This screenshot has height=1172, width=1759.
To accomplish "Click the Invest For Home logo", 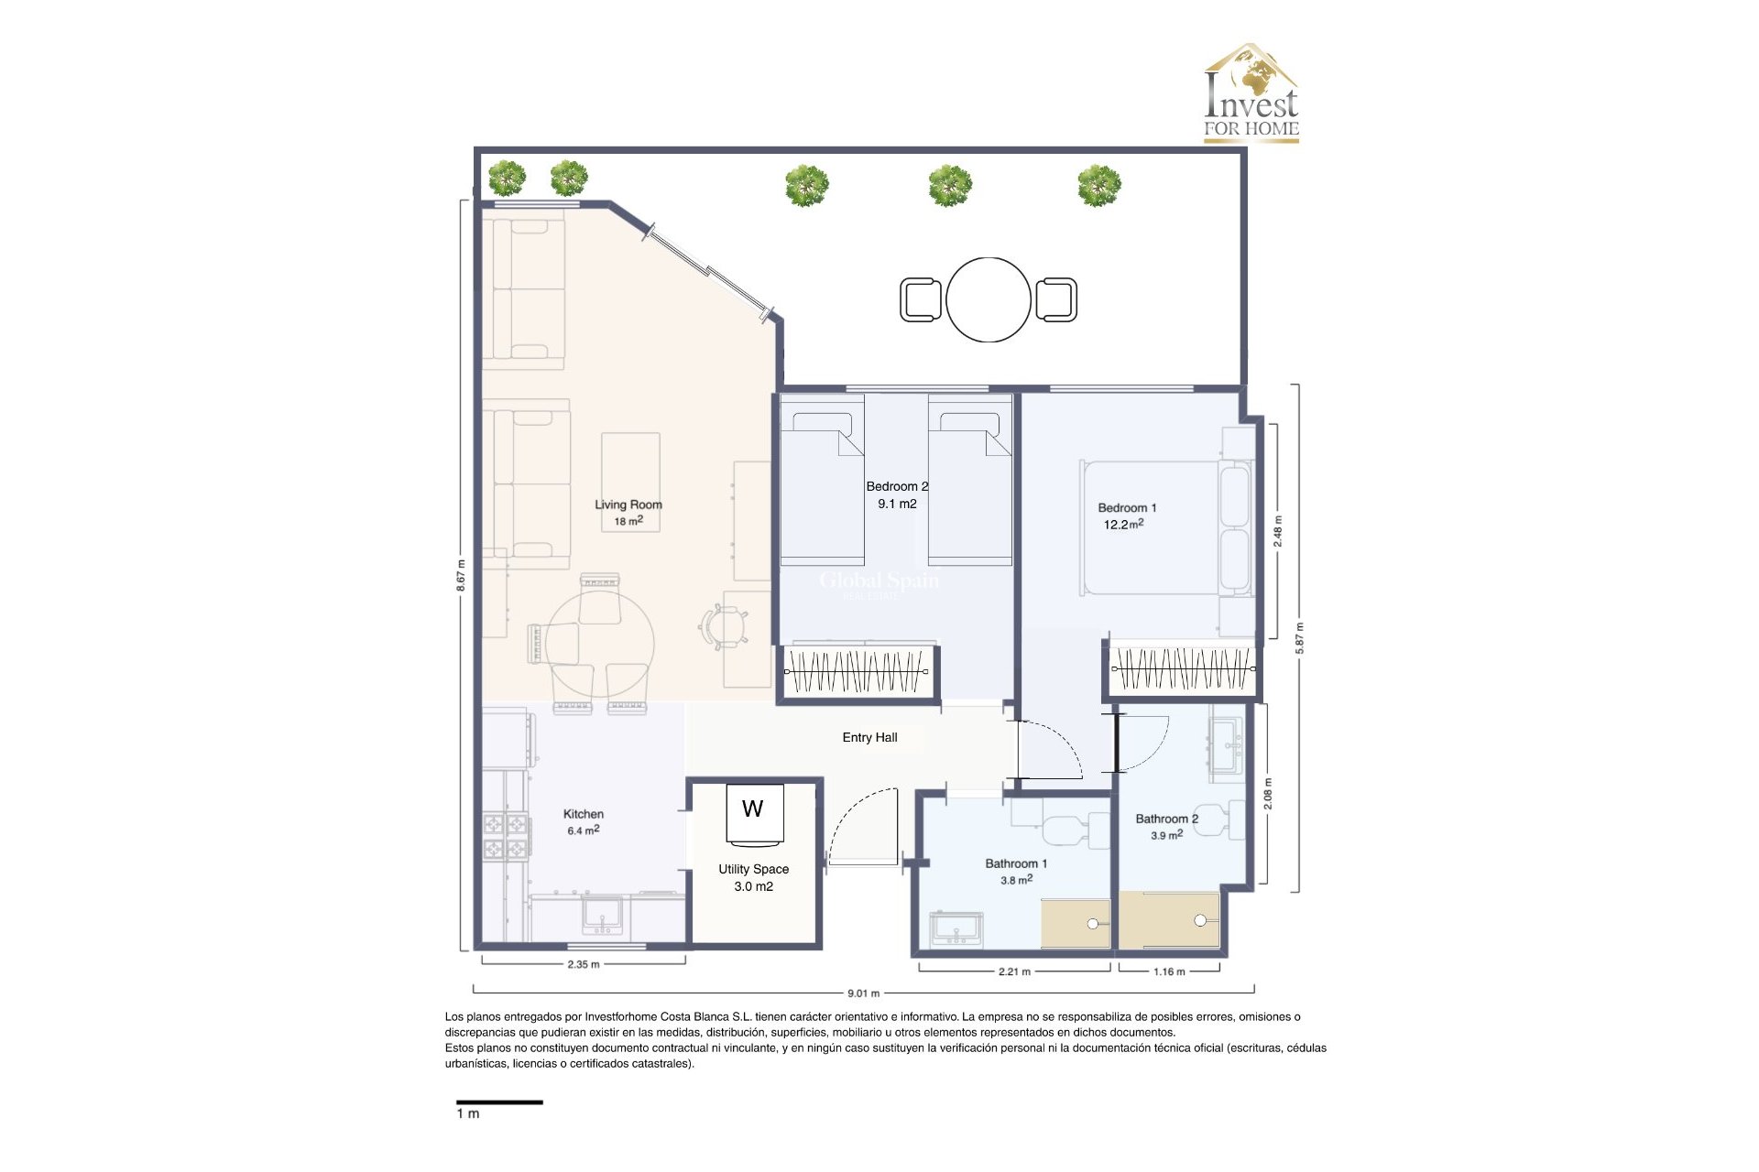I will click(x=1251, y=93).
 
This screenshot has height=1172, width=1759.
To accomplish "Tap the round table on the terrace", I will click(x=989, y=299).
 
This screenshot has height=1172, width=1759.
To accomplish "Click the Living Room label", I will click(x=628, y=505).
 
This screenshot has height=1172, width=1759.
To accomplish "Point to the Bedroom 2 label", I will click(x=897, y=487).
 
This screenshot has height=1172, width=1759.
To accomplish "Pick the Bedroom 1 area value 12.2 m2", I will click(x=1123, y=525).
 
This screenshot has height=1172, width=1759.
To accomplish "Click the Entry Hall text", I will click(x=869, y=737).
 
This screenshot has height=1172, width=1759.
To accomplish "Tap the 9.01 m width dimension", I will click(x=863, y=993).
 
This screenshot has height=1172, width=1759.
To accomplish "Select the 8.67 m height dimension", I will click(x=461, y=575).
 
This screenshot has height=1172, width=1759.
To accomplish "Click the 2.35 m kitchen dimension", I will click(x=584, y=964).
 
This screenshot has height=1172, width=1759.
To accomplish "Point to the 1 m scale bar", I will click(x=499, y=1102).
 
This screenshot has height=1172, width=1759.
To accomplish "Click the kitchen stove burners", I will click(x=506, y=836).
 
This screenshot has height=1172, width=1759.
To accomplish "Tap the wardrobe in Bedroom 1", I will click(x=1182, y=669).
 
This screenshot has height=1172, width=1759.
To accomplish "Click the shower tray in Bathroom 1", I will click(x=1076, y=923).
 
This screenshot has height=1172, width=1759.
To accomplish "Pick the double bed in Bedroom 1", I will click(x=1164, y=528).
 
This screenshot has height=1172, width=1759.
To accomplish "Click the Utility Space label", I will click(x=753, y=869).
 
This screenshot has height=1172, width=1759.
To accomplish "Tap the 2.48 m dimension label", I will click(x=1278, y=531).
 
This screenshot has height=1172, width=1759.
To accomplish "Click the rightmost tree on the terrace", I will click(x=1098, y=186).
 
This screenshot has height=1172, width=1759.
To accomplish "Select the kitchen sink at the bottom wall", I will click(x=602, y=916).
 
